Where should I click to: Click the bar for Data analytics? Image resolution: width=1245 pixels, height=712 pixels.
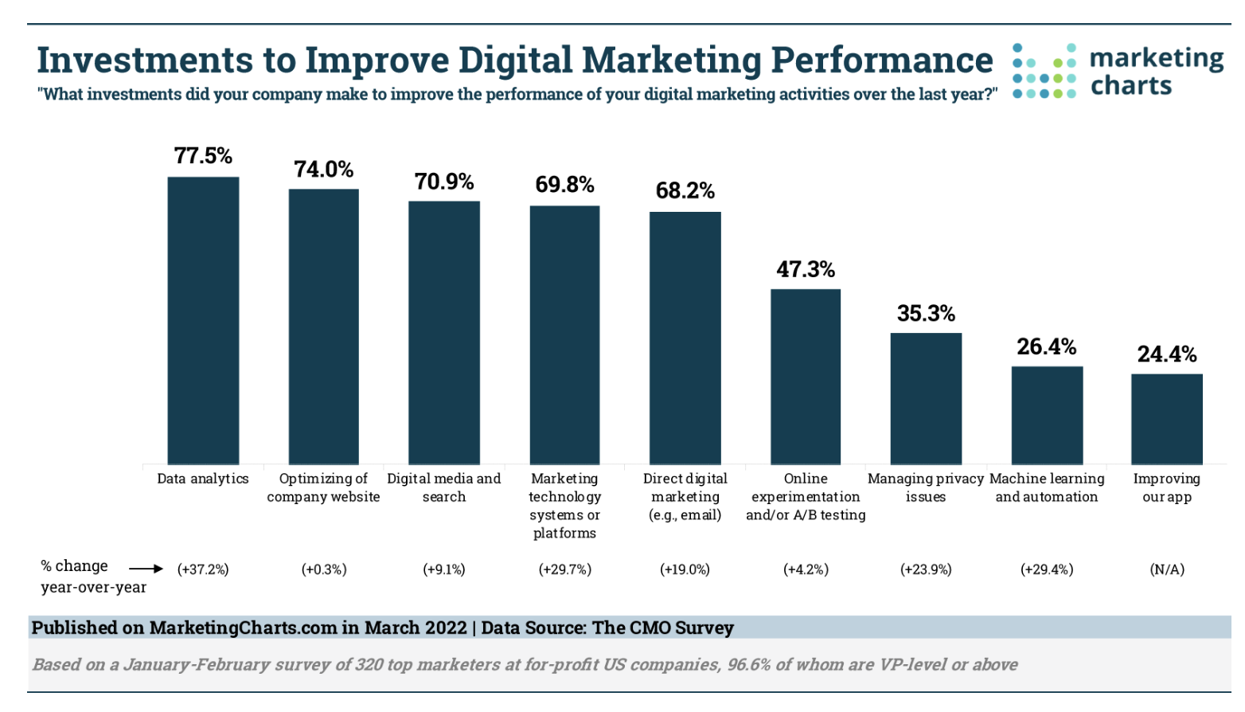coord(203,320)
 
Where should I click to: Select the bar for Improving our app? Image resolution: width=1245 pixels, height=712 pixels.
coord(1166,419)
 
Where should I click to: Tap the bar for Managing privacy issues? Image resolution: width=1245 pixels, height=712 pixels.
coord(926,398)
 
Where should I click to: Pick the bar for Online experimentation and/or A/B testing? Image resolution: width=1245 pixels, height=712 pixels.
coord(806,376)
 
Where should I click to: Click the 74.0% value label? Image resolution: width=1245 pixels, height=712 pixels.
coord(323,170)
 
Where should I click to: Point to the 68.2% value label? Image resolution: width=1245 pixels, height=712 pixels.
coord(685,191)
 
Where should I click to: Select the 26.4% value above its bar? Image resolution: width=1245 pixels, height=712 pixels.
coord(1046,347)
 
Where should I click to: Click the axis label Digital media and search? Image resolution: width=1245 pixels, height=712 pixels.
coord(443,487)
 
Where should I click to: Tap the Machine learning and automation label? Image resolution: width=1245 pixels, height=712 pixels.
coord(1046,487)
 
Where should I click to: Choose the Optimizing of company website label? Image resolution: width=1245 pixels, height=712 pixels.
coord(323,487)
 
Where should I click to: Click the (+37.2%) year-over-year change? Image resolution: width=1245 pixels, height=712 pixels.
coord(203,569)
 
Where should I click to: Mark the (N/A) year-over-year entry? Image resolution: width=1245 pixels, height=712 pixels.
coord(1166,569)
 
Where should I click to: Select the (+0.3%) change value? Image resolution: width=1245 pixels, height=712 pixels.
coord(323,569)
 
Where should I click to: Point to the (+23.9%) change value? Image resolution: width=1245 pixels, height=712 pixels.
coord(926,569)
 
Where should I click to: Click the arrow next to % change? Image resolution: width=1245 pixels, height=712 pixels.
coord(146,569)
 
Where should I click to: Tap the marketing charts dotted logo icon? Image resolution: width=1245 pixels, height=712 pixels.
coord(1044,72)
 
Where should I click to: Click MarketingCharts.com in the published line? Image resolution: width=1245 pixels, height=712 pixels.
coord(243,628)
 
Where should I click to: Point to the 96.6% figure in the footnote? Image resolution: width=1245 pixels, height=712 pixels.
coord(749,664)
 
